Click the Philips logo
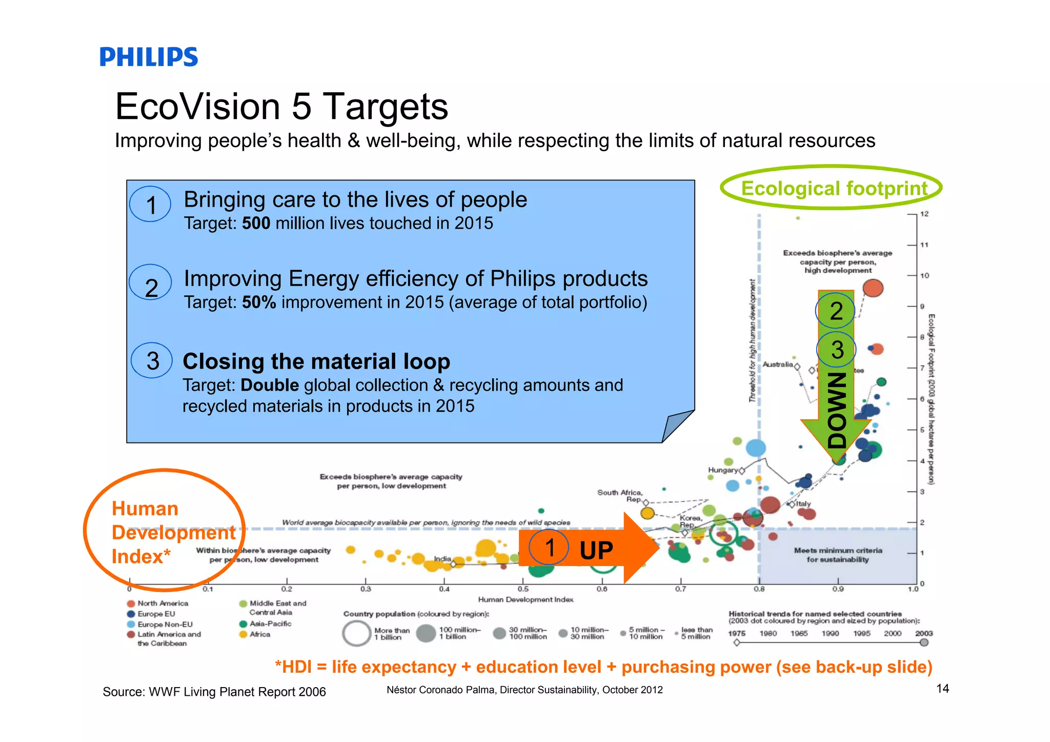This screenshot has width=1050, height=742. tap(149, 57)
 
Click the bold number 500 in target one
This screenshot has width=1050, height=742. tap(256, 224)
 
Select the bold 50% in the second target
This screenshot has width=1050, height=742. tap(259, 303)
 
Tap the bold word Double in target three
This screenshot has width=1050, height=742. tap(270, 385)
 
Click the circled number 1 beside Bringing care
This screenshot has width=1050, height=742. tap(150, 205)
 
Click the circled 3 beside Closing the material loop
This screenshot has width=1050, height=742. tap(152, 361)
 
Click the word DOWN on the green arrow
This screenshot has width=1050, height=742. tap(837, 410)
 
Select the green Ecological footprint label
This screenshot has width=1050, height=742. tap(834, 188)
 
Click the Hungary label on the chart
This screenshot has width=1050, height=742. tap(722, 470)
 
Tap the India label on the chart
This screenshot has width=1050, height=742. tap(442, 558)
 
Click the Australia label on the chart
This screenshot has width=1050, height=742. tap(777, 365)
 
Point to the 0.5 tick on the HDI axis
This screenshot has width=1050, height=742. tap(523, 589)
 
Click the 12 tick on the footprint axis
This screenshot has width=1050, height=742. tap(924, 214)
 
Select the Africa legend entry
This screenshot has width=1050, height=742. tap(259, 634)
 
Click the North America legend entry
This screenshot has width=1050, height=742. tap(162, 604)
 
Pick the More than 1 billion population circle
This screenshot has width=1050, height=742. tap(356, 633)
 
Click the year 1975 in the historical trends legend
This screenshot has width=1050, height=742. tap(737, 633)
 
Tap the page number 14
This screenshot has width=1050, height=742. tap(942, 689)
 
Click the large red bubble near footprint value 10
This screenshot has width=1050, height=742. tap(873, 288)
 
